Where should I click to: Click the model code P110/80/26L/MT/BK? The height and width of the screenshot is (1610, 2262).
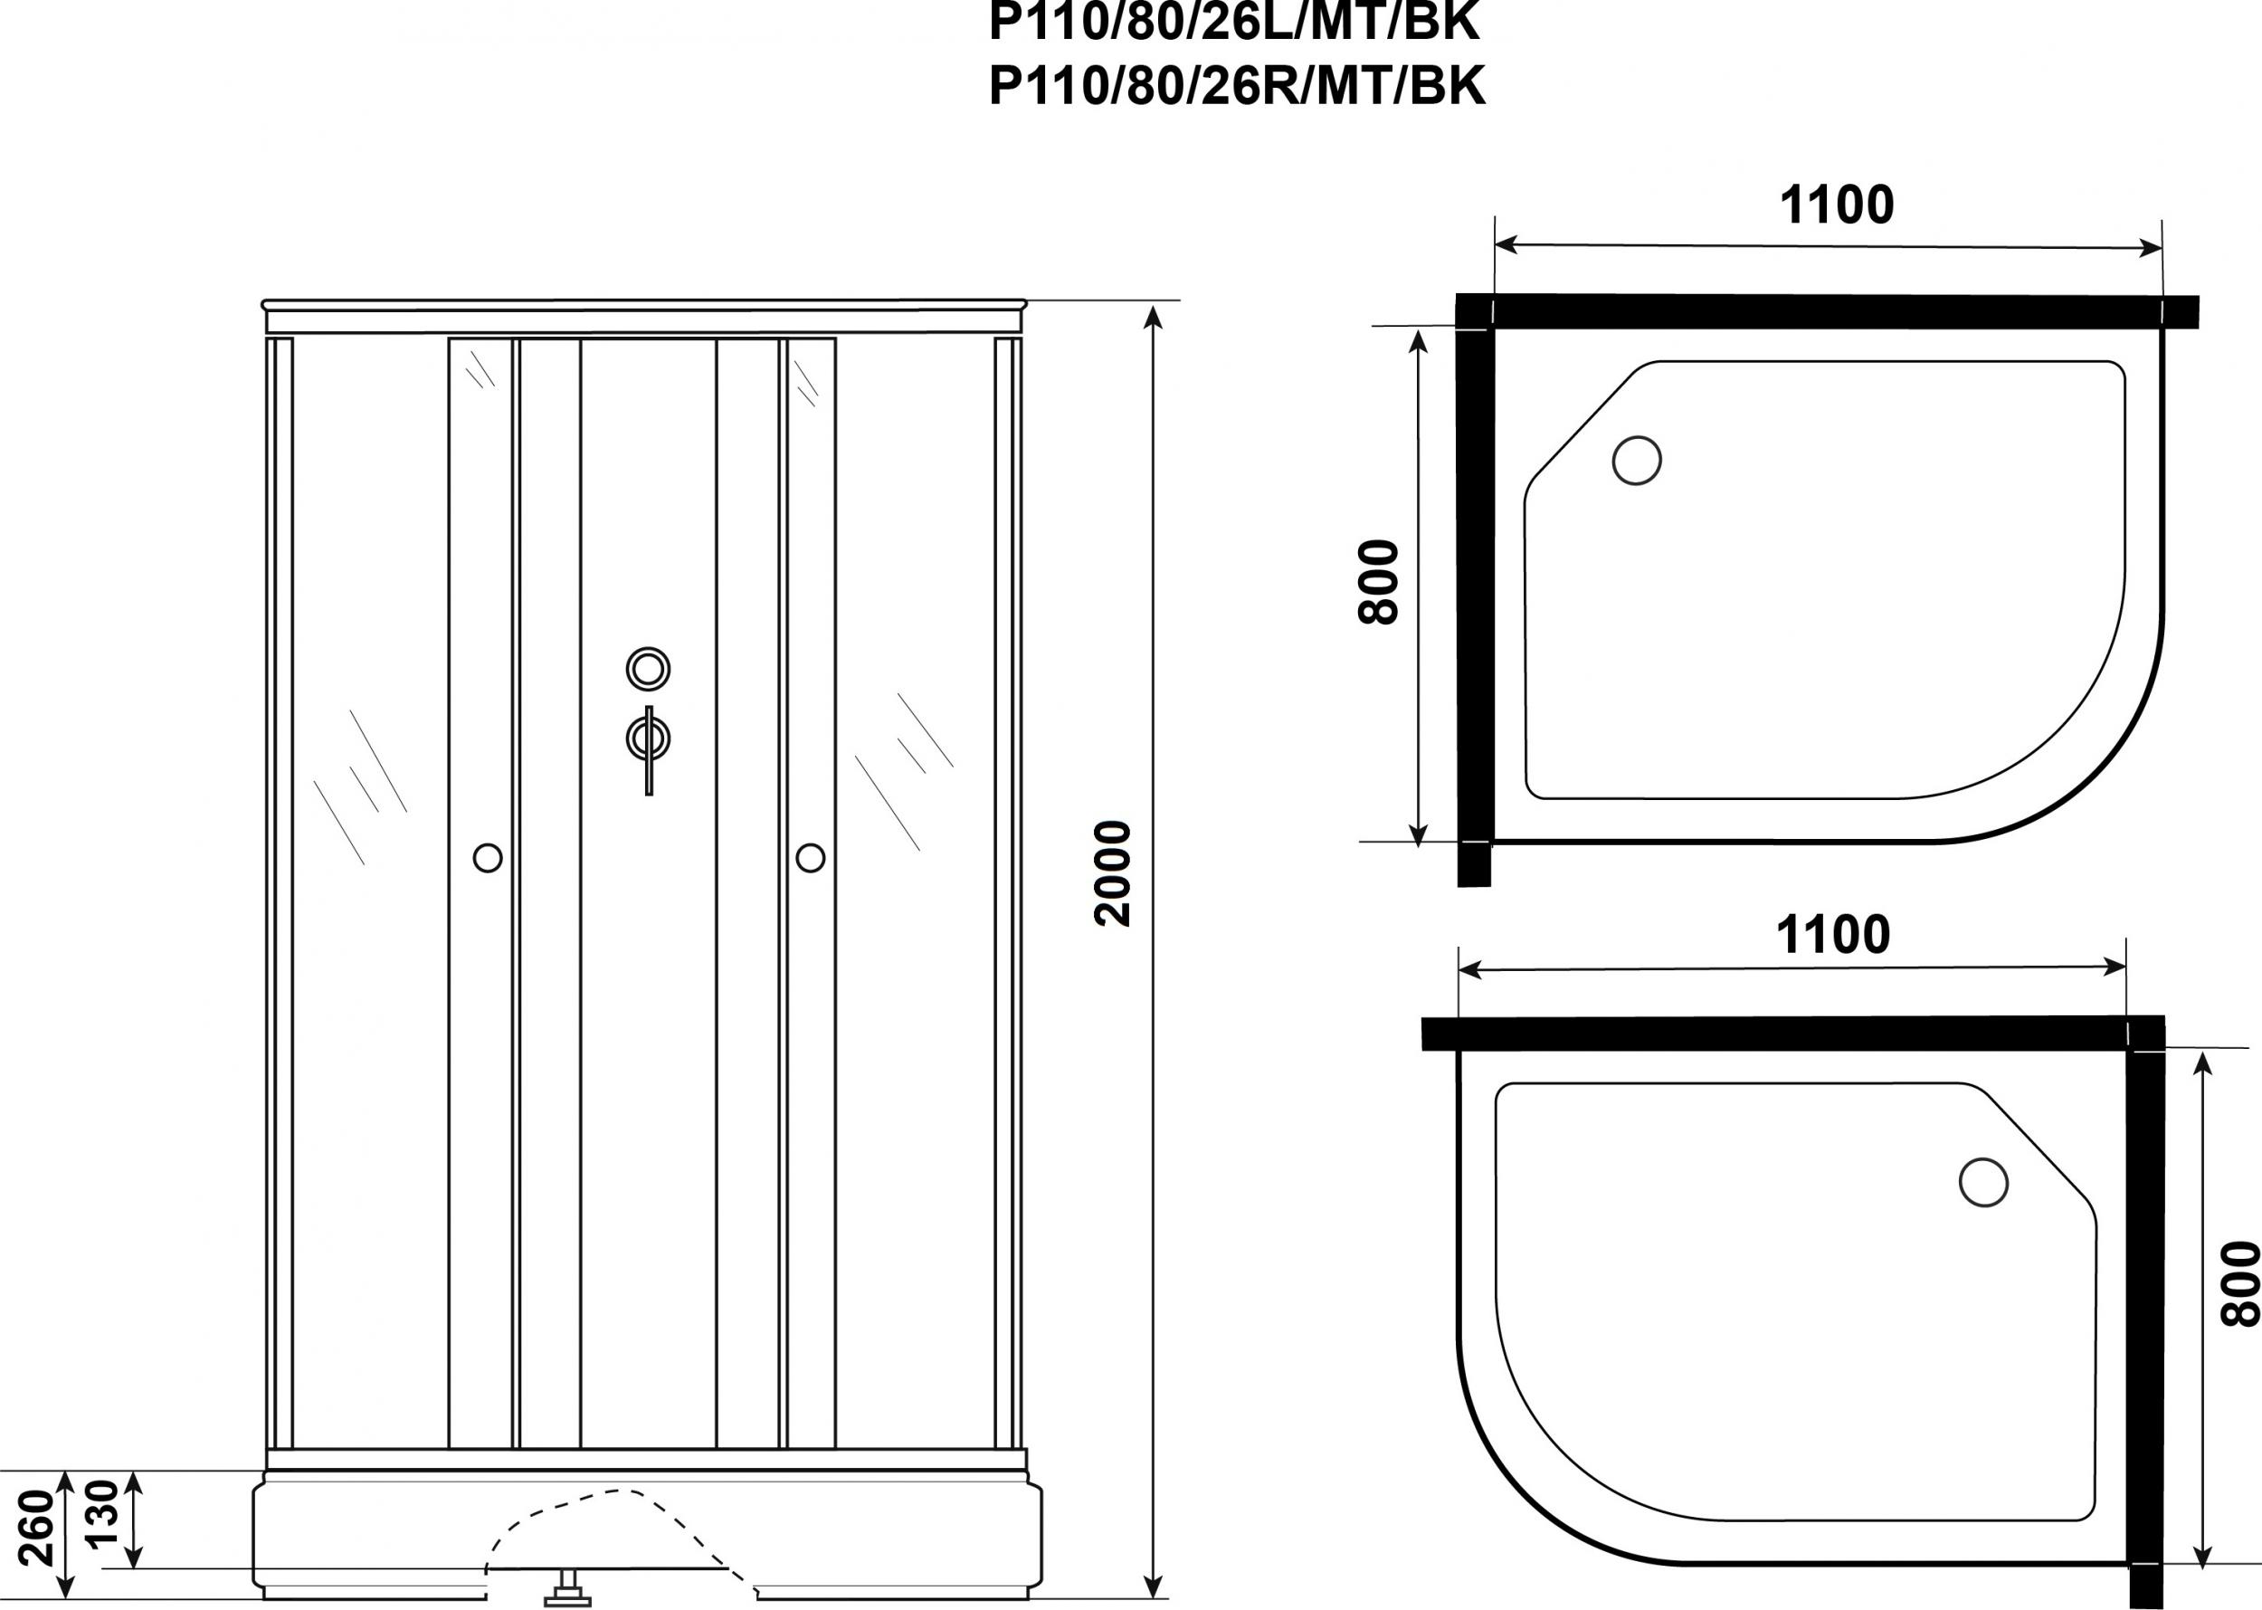coord(1235,22)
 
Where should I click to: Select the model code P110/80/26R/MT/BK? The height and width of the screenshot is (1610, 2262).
coord(1237,86)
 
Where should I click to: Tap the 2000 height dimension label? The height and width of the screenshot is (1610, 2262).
coord(1112,873)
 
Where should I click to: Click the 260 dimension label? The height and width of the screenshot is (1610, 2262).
coord(38,1528)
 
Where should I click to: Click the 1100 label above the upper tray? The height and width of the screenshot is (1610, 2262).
coord(1837,205)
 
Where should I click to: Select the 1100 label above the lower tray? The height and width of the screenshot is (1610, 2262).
coord(1833,935)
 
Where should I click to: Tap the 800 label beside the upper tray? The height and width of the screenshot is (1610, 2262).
coord(1378,582)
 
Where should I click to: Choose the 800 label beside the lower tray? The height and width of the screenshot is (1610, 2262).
coord(2239,1284)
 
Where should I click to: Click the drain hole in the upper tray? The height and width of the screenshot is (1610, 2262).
coord(1637,460)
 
